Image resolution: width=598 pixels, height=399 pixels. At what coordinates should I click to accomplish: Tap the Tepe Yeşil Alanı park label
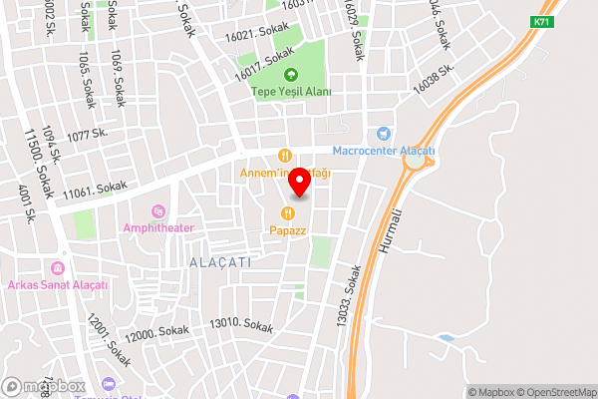[x=291, y=92]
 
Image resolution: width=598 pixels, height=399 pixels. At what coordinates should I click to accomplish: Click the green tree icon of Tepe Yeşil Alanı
[x=291, y=75]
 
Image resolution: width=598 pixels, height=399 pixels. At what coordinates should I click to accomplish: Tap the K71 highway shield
[x=541, y=21]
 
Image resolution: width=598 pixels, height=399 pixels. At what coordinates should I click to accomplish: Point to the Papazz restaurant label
[x=288, y=229]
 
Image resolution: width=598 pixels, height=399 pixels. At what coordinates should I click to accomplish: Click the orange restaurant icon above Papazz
[x=288, y=212]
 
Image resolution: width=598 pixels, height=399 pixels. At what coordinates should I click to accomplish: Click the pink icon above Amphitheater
[x=156, y=210]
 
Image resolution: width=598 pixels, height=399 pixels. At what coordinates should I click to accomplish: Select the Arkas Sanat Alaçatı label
[x=57, y=285]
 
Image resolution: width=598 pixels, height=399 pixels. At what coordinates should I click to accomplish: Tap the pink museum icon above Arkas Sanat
[x=58, y=269]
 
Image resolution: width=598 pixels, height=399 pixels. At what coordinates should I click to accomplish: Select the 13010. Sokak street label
[x=241, y=325]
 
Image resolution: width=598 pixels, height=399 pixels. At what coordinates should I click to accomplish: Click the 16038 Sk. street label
[x=436, y=79]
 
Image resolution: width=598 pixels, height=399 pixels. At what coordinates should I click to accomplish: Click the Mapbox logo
[x=43, y=386]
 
